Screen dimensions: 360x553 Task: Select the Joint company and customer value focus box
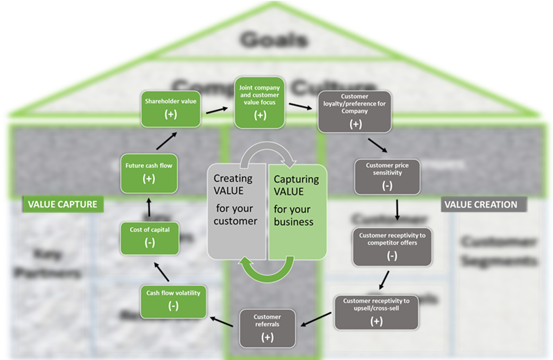coord(260,102)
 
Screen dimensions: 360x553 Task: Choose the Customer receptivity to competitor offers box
coord(392,246)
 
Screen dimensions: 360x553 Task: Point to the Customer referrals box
coord(267,327)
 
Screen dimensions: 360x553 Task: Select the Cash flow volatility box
coord(173,300)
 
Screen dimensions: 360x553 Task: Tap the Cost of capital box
coord(149,236)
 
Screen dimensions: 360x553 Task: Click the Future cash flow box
coord(148,172)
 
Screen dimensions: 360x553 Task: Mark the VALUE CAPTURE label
coord(62,204)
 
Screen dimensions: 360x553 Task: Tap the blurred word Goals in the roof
coord(274,40)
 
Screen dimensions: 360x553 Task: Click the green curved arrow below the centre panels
coord(267,270)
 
